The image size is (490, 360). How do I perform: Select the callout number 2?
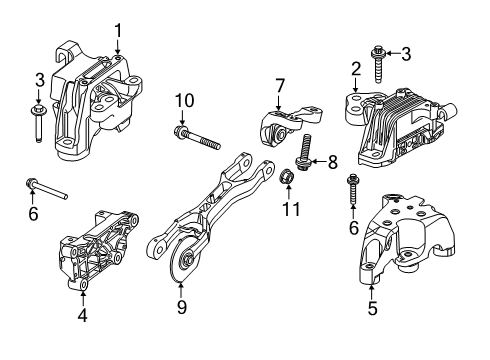(354, 68)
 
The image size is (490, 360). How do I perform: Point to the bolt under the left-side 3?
(39, 127)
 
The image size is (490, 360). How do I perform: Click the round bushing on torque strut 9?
(183, 266)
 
